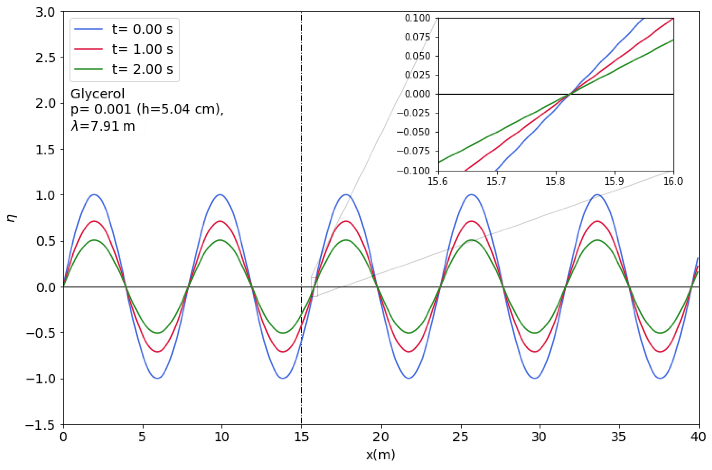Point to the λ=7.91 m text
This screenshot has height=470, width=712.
[103, 126]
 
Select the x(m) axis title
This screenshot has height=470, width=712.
[380, 455]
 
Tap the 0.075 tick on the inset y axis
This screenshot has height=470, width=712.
[417, 37]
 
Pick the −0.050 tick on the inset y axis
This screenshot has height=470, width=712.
[414, 132]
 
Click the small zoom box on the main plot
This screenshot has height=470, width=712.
[314, 287]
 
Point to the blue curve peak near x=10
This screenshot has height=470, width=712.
[220, 195]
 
